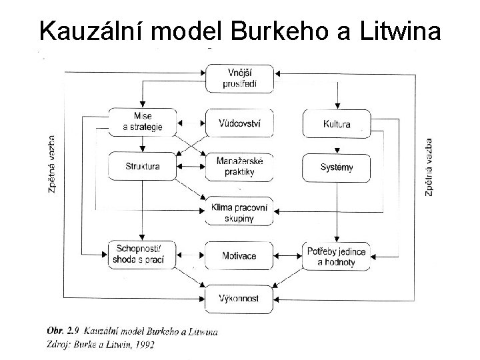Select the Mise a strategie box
click(x=142, y=122)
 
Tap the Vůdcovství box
click(x=239, y=122)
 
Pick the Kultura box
click(x=336, y=123)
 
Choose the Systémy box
click(x=336, y=167)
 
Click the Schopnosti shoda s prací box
click(x=142, y=255)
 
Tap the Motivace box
click(x=239, y=255)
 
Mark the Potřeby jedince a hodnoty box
click(x=336, y=255)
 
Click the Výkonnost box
click(x=239, y=295)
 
